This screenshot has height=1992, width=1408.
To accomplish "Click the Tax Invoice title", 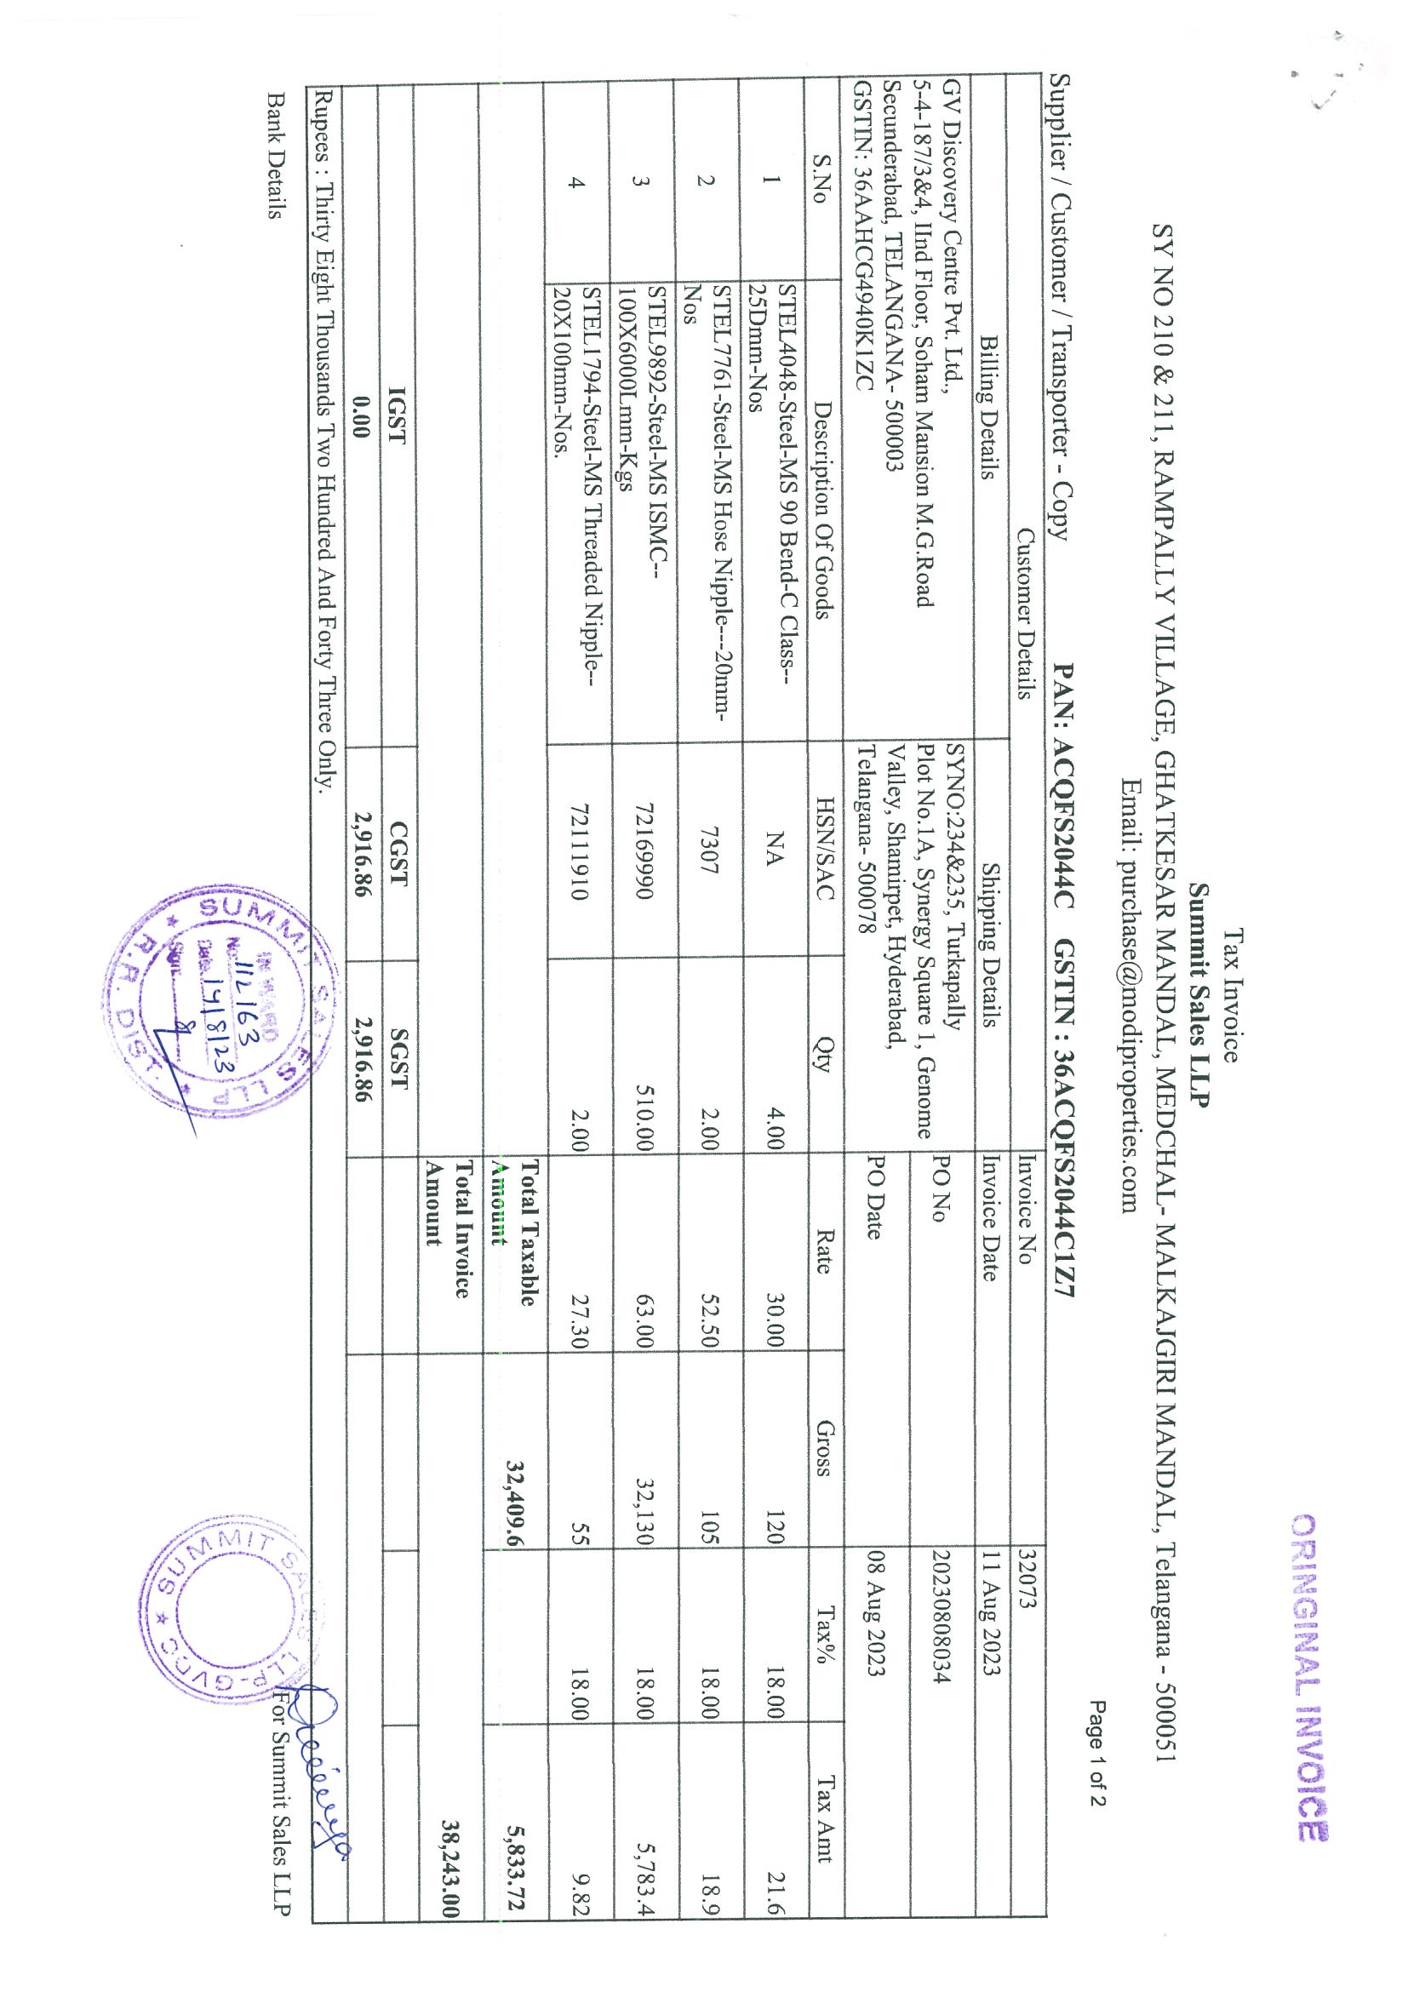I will [1232, 996].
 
